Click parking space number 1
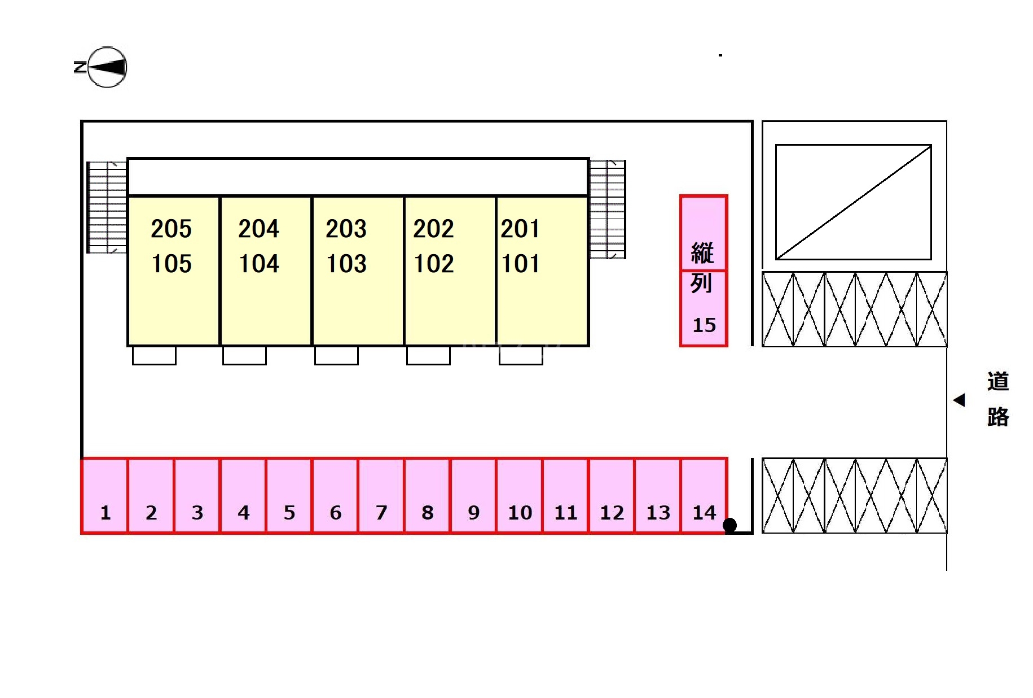point(105,495)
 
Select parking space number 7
point(381,495)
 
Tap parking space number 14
point(704,495)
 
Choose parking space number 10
point(520,495)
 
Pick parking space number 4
point(243,495)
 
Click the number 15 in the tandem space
point(704,325)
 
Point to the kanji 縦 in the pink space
point(702,252)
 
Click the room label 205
point(172,229)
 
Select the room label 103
point(346,264)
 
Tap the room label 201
point(520,229)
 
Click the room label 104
point(259,264)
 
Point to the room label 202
point(433,229)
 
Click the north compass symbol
point(107,67)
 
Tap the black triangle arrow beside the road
point(959,400)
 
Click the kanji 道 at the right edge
point(997,382)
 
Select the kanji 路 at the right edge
point(997,417)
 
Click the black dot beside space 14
point(729,525)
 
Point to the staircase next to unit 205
point(107,207)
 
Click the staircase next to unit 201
point(607,209)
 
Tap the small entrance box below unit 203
point(336,355)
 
